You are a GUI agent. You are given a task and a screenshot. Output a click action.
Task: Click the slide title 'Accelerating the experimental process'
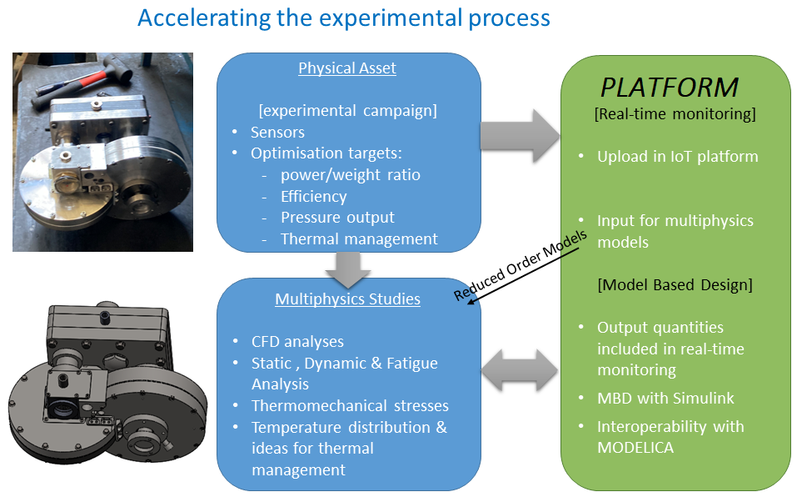click(343, 18)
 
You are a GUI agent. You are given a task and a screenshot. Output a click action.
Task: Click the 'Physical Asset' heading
click(347, 68)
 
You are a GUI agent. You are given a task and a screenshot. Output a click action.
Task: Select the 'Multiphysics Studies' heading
click(347, 299)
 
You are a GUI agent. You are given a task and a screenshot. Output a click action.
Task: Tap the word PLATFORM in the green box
click(670, 87)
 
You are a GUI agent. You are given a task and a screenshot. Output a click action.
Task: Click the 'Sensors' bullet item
click(277, 132)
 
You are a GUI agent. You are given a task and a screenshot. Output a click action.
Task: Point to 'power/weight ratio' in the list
click(350, 174)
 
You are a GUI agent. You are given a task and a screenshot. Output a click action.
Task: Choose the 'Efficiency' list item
click(313, 196)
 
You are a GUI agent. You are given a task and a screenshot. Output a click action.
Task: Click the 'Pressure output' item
click(337, 218)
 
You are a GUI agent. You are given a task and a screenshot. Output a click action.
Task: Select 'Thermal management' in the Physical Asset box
click(358, 239)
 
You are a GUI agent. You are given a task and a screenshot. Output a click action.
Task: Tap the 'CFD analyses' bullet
click(297, 341)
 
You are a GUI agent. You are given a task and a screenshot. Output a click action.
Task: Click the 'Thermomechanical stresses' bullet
click(350, 406)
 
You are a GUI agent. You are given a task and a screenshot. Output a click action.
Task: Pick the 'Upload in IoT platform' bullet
click(677, 156)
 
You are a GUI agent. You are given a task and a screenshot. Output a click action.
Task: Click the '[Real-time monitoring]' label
click(675, 114)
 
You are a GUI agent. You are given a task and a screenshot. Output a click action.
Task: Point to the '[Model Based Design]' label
click(675, 284)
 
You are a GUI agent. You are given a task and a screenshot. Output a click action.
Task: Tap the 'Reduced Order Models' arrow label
click(521, 264)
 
